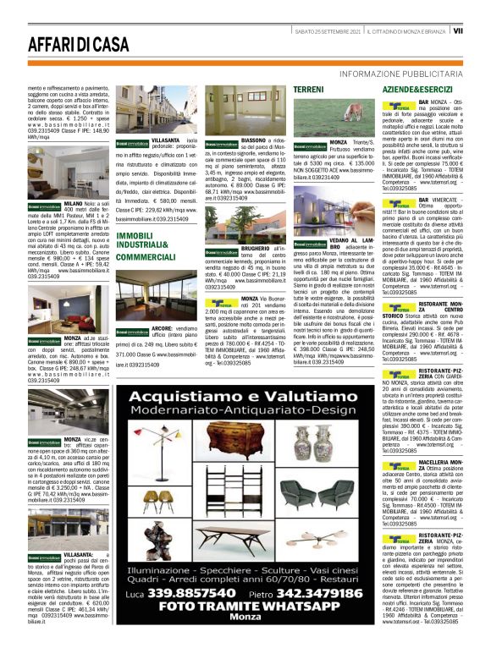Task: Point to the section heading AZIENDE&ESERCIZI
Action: [415, 89]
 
